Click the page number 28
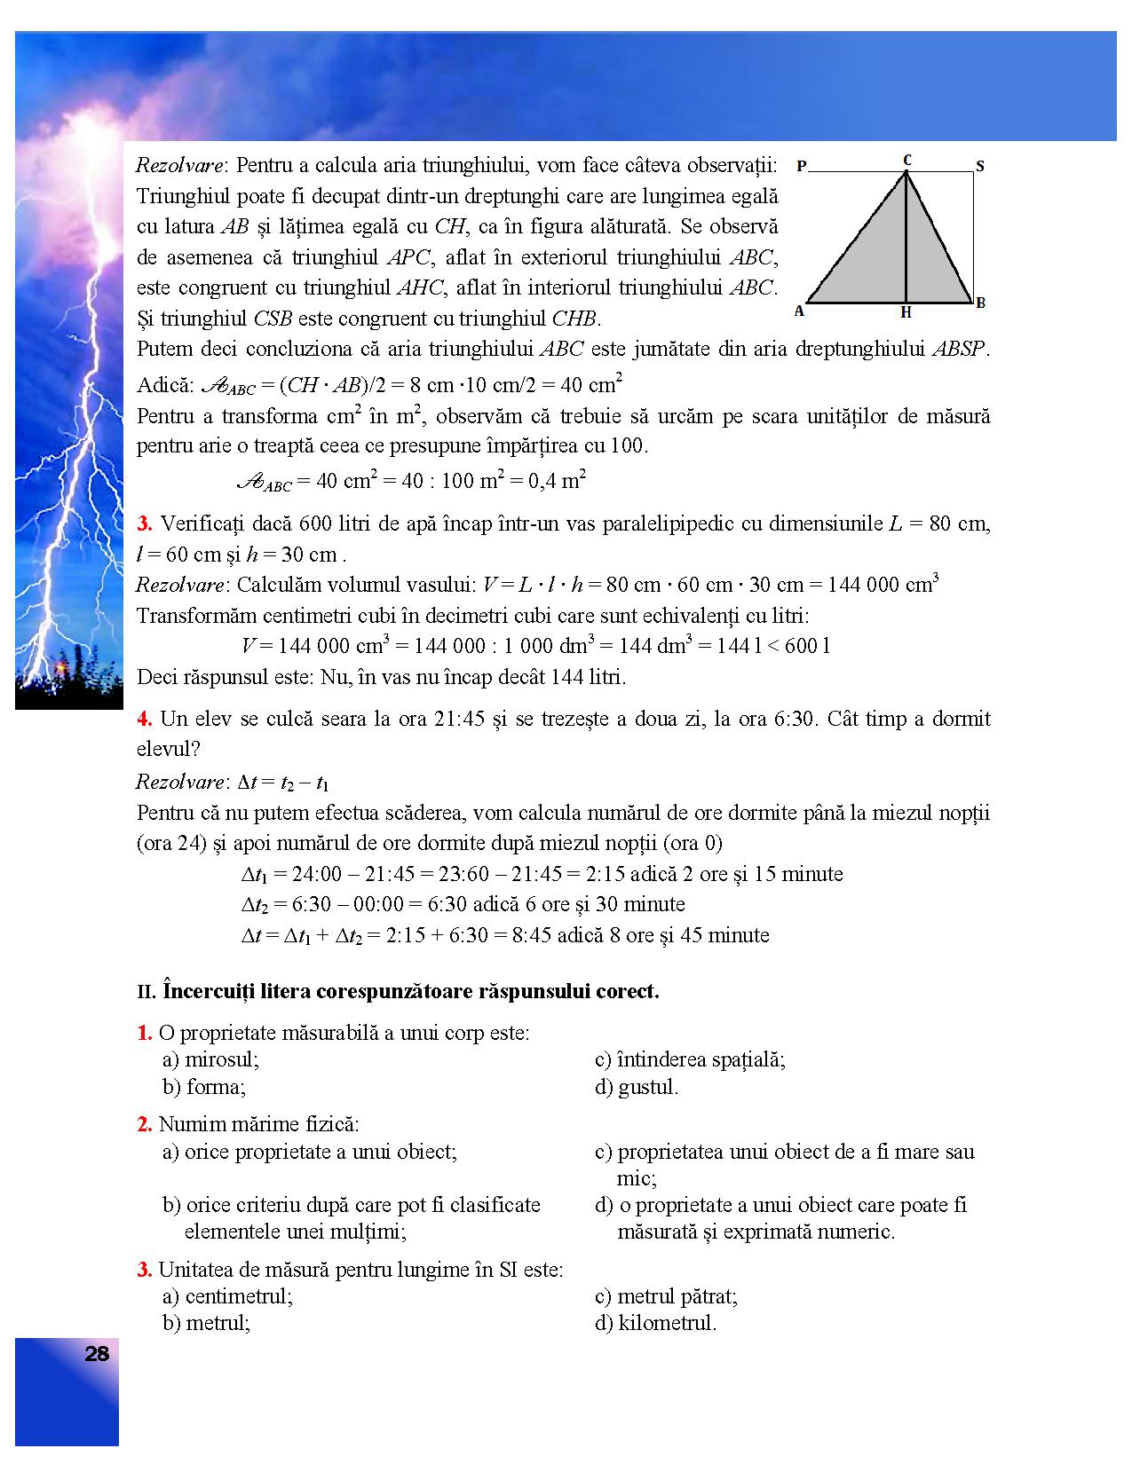pyautogui.click(x=97, y=1354)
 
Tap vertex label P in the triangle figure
pyautogui.click(x=801, y=166)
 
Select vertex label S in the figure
pyautogui.click(x=979, y=166)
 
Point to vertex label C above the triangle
pyautogui.click(x=906, y=160)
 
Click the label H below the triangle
pyautogui.click(x=906, y=312)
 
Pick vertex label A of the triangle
pyautogui.click(x=799, y=311)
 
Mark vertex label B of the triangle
pyautogui.click(x=981, y=303)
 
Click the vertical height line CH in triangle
pyautogui.click(x=906, y=240)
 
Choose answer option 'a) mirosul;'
pyautogui.click(x=210, y=1059)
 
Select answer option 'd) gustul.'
pyautogui.click(x=637, y=1087)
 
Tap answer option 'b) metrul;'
pyautogui.click(x=206, y=1323)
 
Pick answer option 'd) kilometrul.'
pyautogui.click(x=655, y=1323)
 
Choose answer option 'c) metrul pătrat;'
pyautogui.click(x=666, y=1296)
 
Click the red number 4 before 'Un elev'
pyautogui.click(x=142, y=719)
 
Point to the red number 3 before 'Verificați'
pyautogui.click(x=142, y=523)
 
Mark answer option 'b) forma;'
pyautogui.click(x=204, y=1087)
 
